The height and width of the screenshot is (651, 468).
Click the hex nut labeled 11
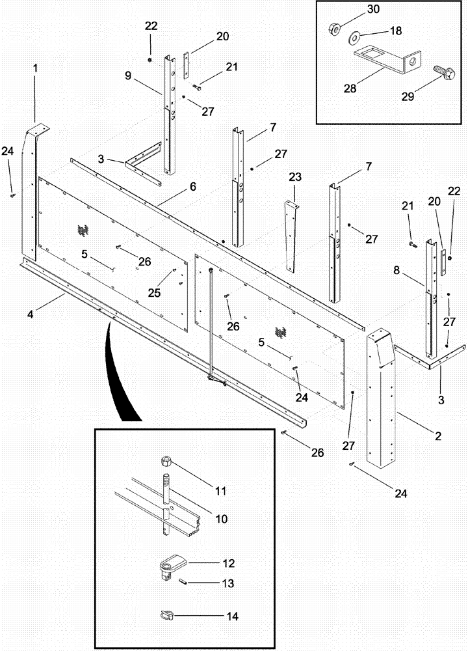pyautogui.click(x=165, y=464)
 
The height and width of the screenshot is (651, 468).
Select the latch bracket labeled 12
pyautogui.click(x=173, y=561)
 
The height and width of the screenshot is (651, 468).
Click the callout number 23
pyautogui.click(x=296, y=178)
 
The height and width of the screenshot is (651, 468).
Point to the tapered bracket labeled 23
pyautogui.click(x=290, y=238)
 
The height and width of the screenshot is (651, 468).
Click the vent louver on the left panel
pyautogui.click(x=83, y=230)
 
